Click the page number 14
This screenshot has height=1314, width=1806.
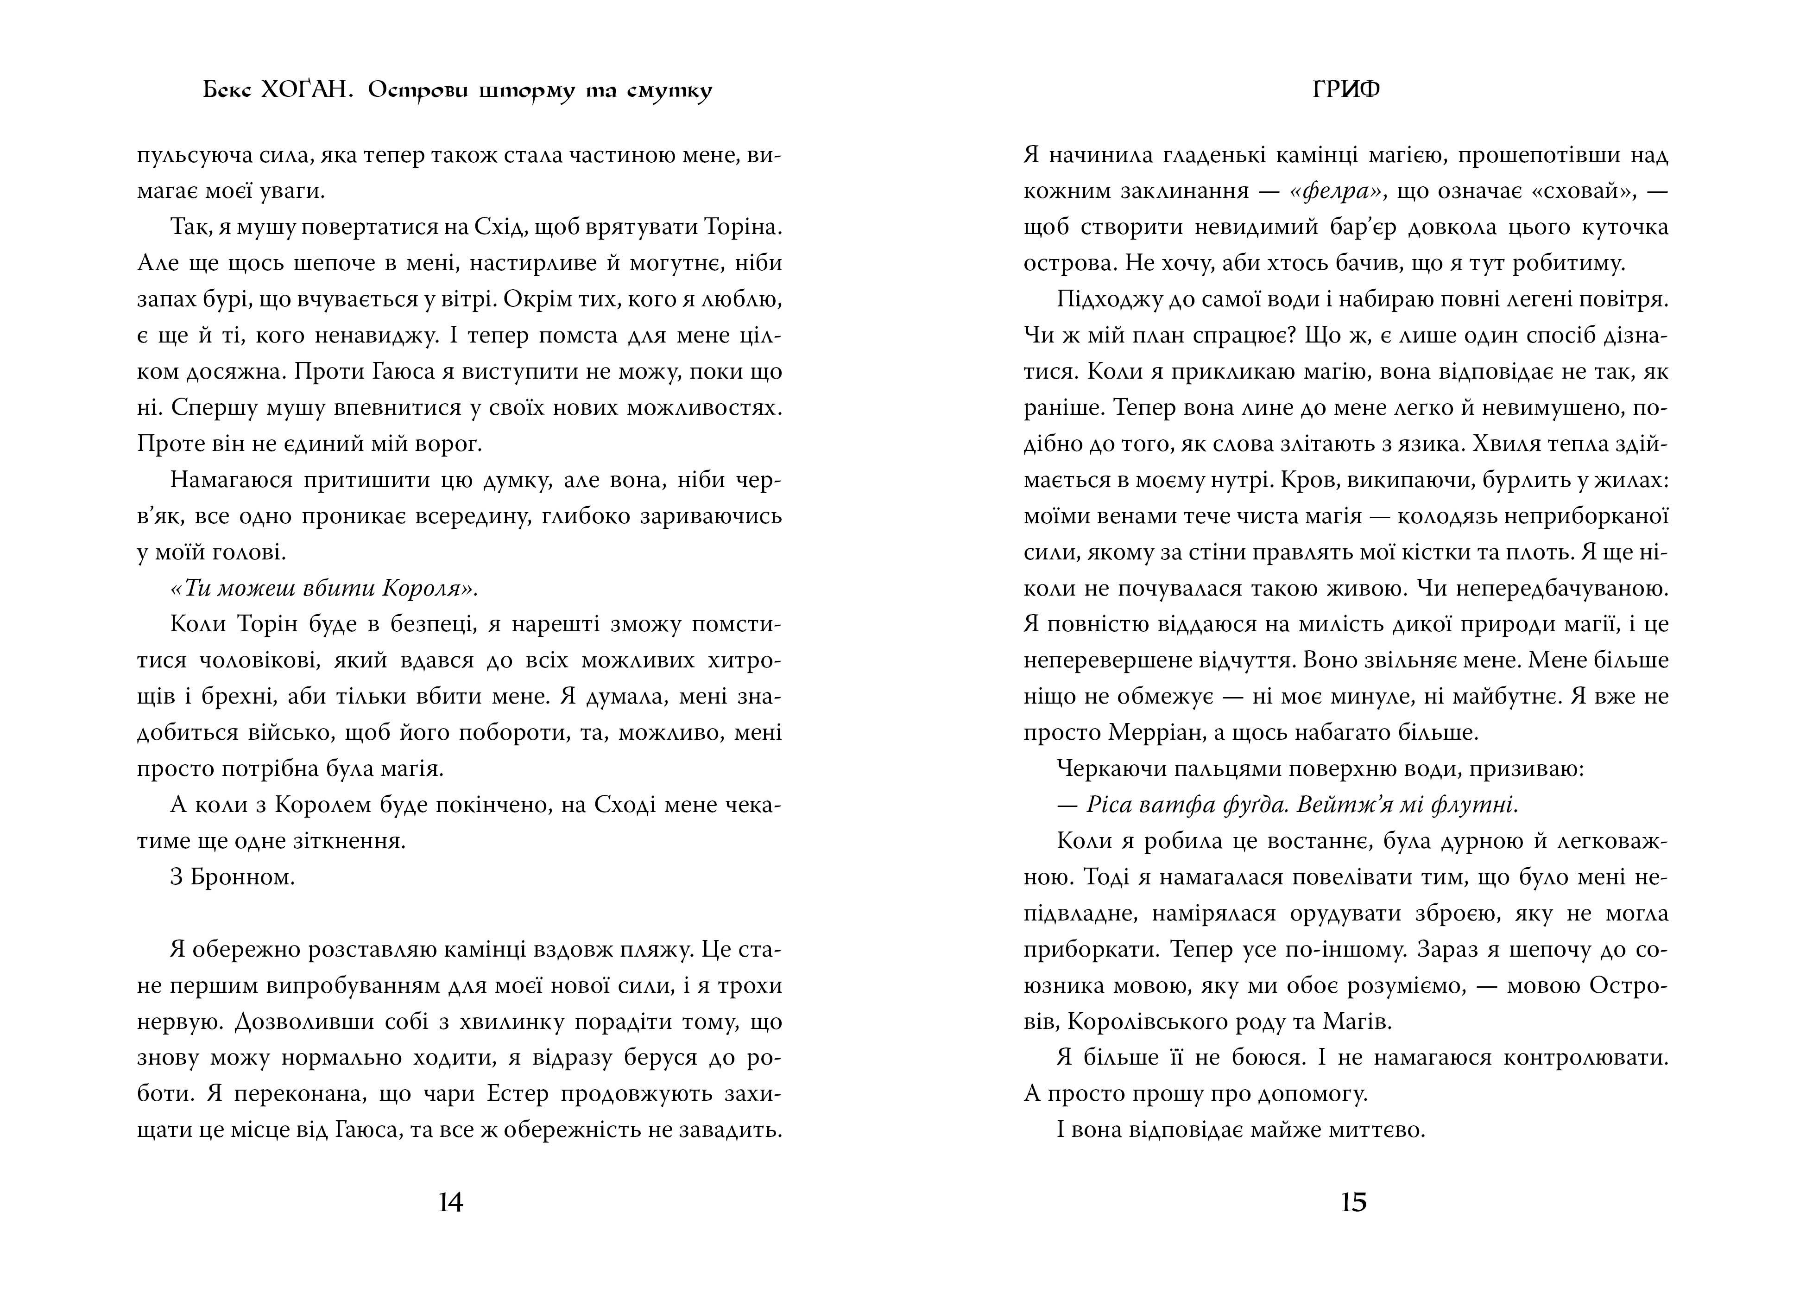pos(451,1202)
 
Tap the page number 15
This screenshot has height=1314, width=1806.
pos(1354,1202)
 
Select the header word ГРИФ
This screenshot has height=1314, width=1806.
pos(1346,90)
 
